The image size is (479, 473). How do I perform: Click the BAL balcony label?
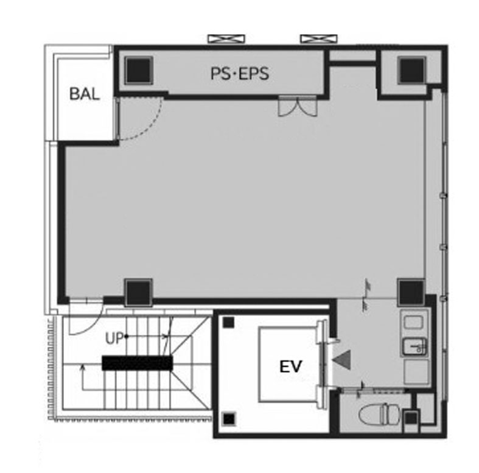pyautogui.click(x=85, y=94)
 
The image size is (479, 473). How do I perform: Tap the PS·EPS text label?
pyautogui.click(x=240, y=74)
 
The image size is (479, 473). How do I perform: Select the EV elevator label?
pyautogui.click(x=290, y=366)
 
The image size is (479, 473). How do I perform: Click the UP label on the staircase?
pyautogui.click(x=114, y=338)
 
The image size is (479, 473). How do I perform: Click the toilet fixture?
pyautogui.click(x=379, y=415)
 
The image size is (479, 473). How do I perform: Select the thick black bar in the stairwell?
pyautogui.click(x=137, y=363)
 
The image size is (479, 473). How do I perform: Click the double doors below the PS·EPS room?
pyautogui.click(x=298, y=106)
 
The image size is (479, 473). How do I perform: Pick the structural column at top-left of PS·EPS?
pyautogui.click(x=138, y=70)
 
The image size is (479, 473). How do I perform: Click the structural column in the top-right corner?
pyautogui.click(x=411, y=70)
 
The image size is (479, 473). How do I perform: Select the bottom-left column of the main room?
pyautogui.click(x=138, y=292)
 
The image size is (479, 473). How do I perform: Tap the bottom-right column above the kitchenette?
pyautogui.click(x=411, y=292)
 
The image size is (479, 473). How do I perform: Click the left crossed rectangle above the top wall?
pyautogui.click(x=226, y=39)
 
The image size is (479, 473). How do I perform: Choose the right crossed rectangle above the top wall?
pyautogui.click(x=319, y=39)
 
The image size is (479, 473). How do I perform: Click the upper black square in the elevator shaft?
pyautogui.click(x=228, y=323)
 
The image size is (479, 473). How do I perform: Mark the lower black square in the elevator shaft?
pyautogui.click(x=229, y=419)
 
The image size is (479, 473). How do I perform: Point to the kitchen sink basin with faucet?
pyautogui.click(x=414, y=347)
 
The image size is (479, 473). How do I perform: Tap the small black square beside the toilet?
pyautogui.click(x=411, y=418)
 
